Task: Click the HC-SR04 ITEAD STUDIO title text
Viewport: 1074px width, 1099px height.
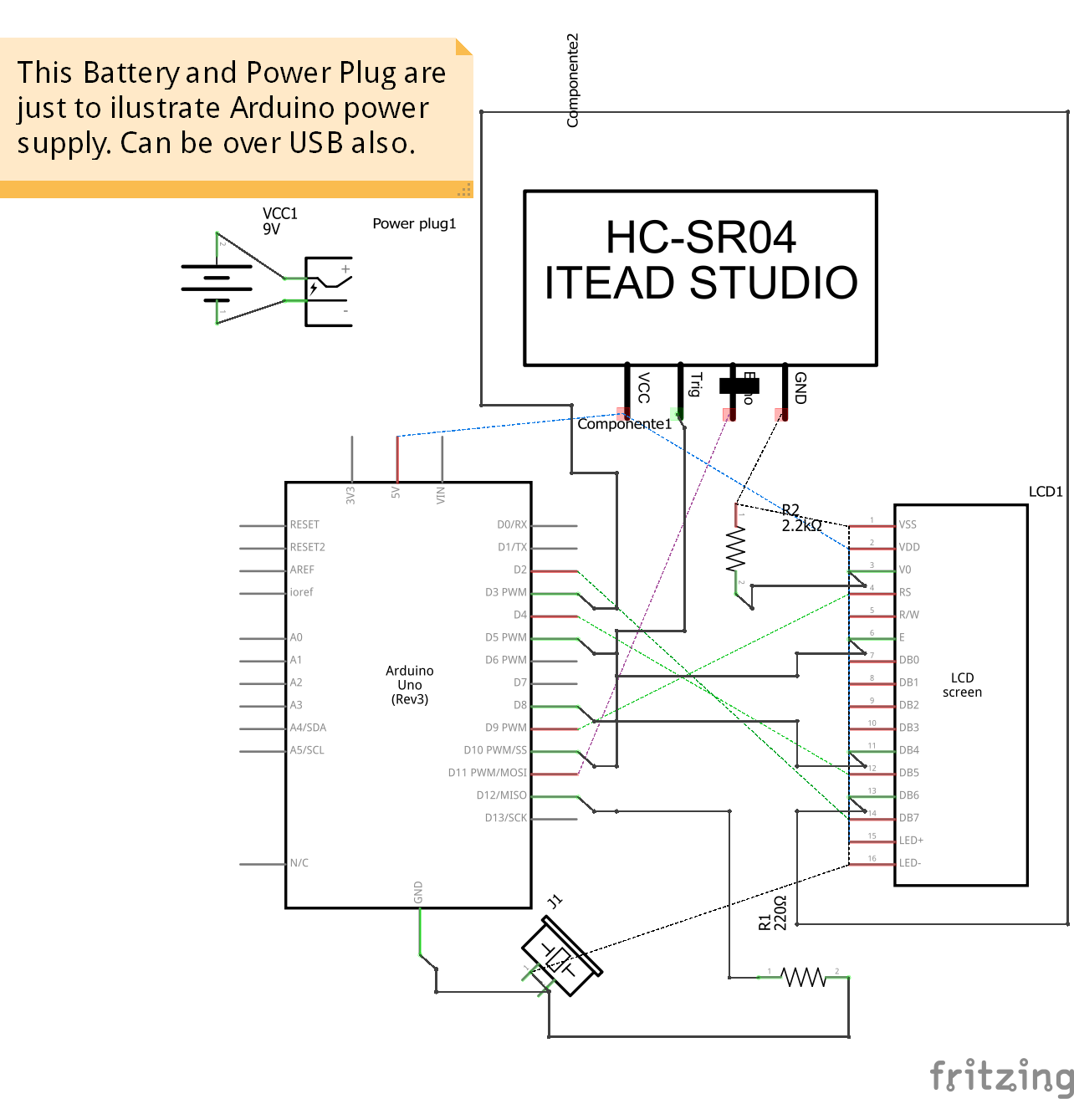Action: tap(701, 260)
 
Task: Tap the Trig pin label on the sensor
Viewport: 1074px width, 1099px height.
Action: tap(695, 385)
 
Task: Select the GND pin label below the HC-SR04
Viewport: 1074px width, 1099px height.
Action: tap(800, 388)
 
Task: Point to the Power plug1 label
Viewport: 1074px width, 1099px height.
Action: tap(414, 224)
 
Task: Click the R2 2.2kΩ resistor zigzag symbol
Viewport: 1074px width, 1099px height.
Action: tap(735, 549)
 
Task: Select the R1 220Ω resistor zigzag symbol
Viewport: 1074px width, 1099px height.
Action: tap(803, 976)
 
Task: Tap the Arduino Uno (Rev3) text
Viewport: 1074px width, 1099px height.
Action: tap(410, 685)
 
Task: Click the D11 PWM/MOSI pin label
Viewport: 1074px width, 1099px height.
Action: tap(487, 773)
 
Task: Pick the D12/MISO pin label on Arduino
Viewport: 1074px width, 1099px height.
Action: tap(501, 795)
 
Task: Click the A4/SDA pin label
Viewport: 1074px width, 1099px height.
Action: tap(308, 728)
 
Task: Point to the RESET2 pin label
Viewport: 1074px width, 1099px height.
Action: tap(307, 547)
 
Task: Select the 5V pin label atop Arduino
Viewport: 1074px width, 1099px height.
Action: tap(396, 493)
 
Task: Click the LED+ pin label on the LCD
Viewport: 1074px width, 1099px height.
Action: tap(911, 841)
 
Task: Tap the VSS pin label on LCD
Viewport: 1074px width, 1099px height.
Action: tap(908, 525)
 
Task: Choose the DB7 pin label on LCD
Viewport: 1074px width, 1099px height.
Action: tap(908, 818)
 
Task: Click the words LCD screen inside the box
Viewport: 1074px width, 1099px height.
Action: tap(962, 685)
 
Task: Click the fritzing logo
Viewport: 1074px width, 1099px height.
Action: tap(1000, 1076)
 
